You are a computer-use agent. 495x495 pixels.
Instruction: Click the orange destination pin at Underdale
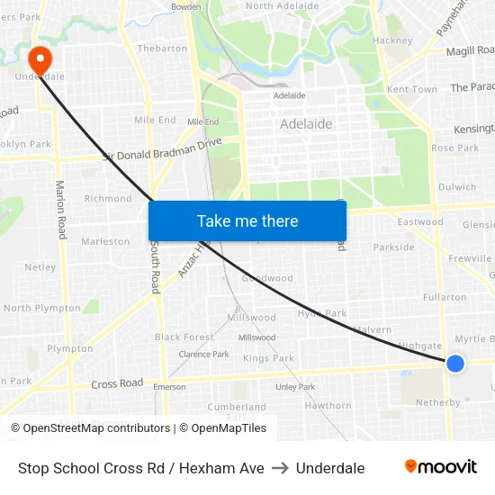click(40, 59)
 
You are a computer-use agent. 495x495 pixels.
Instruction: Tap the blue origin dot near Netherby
click(455, 363)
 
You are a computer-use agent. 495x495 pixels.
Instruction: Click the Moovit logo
click(441, 467)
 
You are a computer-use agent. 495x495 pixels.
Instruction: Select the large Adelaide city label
click(306, 124)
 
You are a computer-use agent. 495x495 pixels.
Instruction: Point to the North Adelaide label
click(282, 5)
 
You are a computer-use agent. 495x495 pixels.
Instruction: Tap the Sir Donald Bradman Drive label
click(162, 149)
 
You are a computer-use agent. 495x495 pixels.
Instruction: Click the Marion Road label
click(61, 210)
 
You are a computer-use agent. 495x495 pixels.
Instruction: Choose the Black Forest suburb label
click(184, 337)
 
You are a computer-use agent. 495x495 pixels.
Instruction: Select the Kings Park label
click(268, 358)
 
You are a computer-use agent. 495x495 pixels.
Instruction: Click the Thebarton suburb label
click(162, 49)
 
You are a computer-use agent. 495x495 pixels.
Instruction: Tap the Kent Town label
click(411, 90)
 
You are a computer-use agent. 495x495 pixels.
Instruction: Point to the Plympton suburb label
click(70, 348)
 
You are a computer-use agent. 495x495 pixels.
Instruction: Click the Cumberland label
click(237, 407)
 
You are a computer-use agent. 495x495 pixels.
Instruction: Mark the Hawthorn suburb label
click(328, 406)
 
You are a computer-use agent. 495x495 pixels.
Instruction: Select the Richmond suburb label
click(108, 198)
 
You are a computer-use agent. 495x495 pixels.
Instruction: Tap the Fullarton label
click(445, 297)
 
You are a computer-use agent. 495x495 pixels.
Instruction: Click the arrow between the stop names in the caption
click(280, 468)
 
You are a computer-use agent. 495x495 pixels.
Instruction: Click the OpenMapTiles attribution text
click(222, 428)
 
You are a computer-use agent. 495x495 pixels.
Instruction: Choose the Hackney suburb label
click(392, 40)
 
